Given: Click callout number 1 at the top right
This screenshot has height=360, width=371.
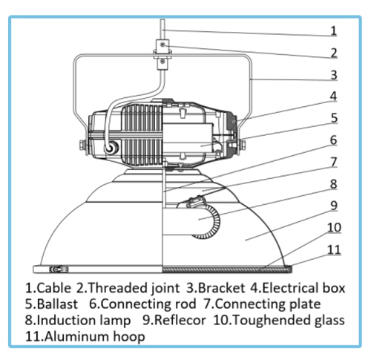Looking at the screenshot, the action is tap(334, 30).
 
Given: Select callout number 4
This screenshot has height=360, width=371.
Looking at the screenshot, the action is tap(334, 96).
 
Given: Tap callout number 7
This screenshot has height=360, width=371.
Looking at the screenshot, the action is tap(334, 162).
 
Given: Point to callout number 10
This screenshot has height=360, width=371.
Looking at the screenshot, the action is tap(334, 228).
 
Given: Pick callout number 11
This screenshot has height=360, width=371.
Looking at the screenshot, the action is tap(334, 249).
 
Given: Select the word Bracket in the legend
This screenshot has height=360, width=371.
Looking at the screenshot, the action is tap(221, 288).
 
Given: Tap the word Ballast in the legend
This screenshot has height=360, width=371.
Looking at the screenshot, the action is tap(57, 304).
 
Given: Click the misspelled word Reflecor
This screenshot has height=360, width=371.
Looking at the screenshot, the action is tap(180, 320).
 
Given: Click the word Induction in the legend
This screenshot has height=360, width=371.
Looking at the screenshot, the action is tap(67, 320).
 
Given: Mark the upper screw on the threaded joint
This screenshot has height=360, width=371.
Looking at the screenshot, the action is tap(162, 45).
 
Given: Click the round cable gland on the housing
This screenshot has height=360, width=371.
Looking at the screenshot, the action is tap(110, 148).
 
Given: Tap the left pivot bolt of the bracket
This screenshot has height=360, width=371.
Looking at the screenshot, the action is tap(83, 145).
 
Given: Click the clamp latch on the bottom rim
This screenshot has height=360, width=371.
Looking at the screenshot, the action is tap(59, 269).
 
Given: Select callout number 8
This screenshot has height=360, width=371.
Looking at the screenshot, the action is tap(334, 184).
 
